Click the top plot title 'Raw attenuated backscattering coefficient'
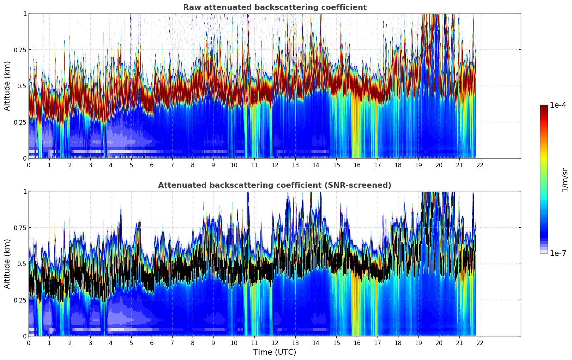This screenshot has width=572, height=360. click(x=275, y=7)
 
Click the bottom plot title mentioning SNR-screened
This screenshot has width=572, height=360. click(x=275, y=185)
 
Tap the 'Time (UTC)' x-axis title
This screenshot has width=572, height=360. click(x=275, y=352)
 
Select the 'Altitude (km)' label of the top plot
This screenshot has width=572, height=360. click(x=7, y=86)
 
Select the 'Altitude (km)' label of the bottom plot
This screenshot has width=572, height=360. click(x=7, y=264)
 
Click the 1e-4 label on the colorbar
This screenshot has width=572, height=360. click(x=558, y=105)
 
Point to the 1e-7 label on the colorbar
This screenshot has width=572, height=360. click(x=558, y=253)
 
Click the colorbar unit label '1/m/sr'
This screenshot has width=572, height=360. click(x=565, y=180)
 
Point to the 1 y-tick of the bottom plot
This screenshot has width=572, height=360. click(x=25, y=191)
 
